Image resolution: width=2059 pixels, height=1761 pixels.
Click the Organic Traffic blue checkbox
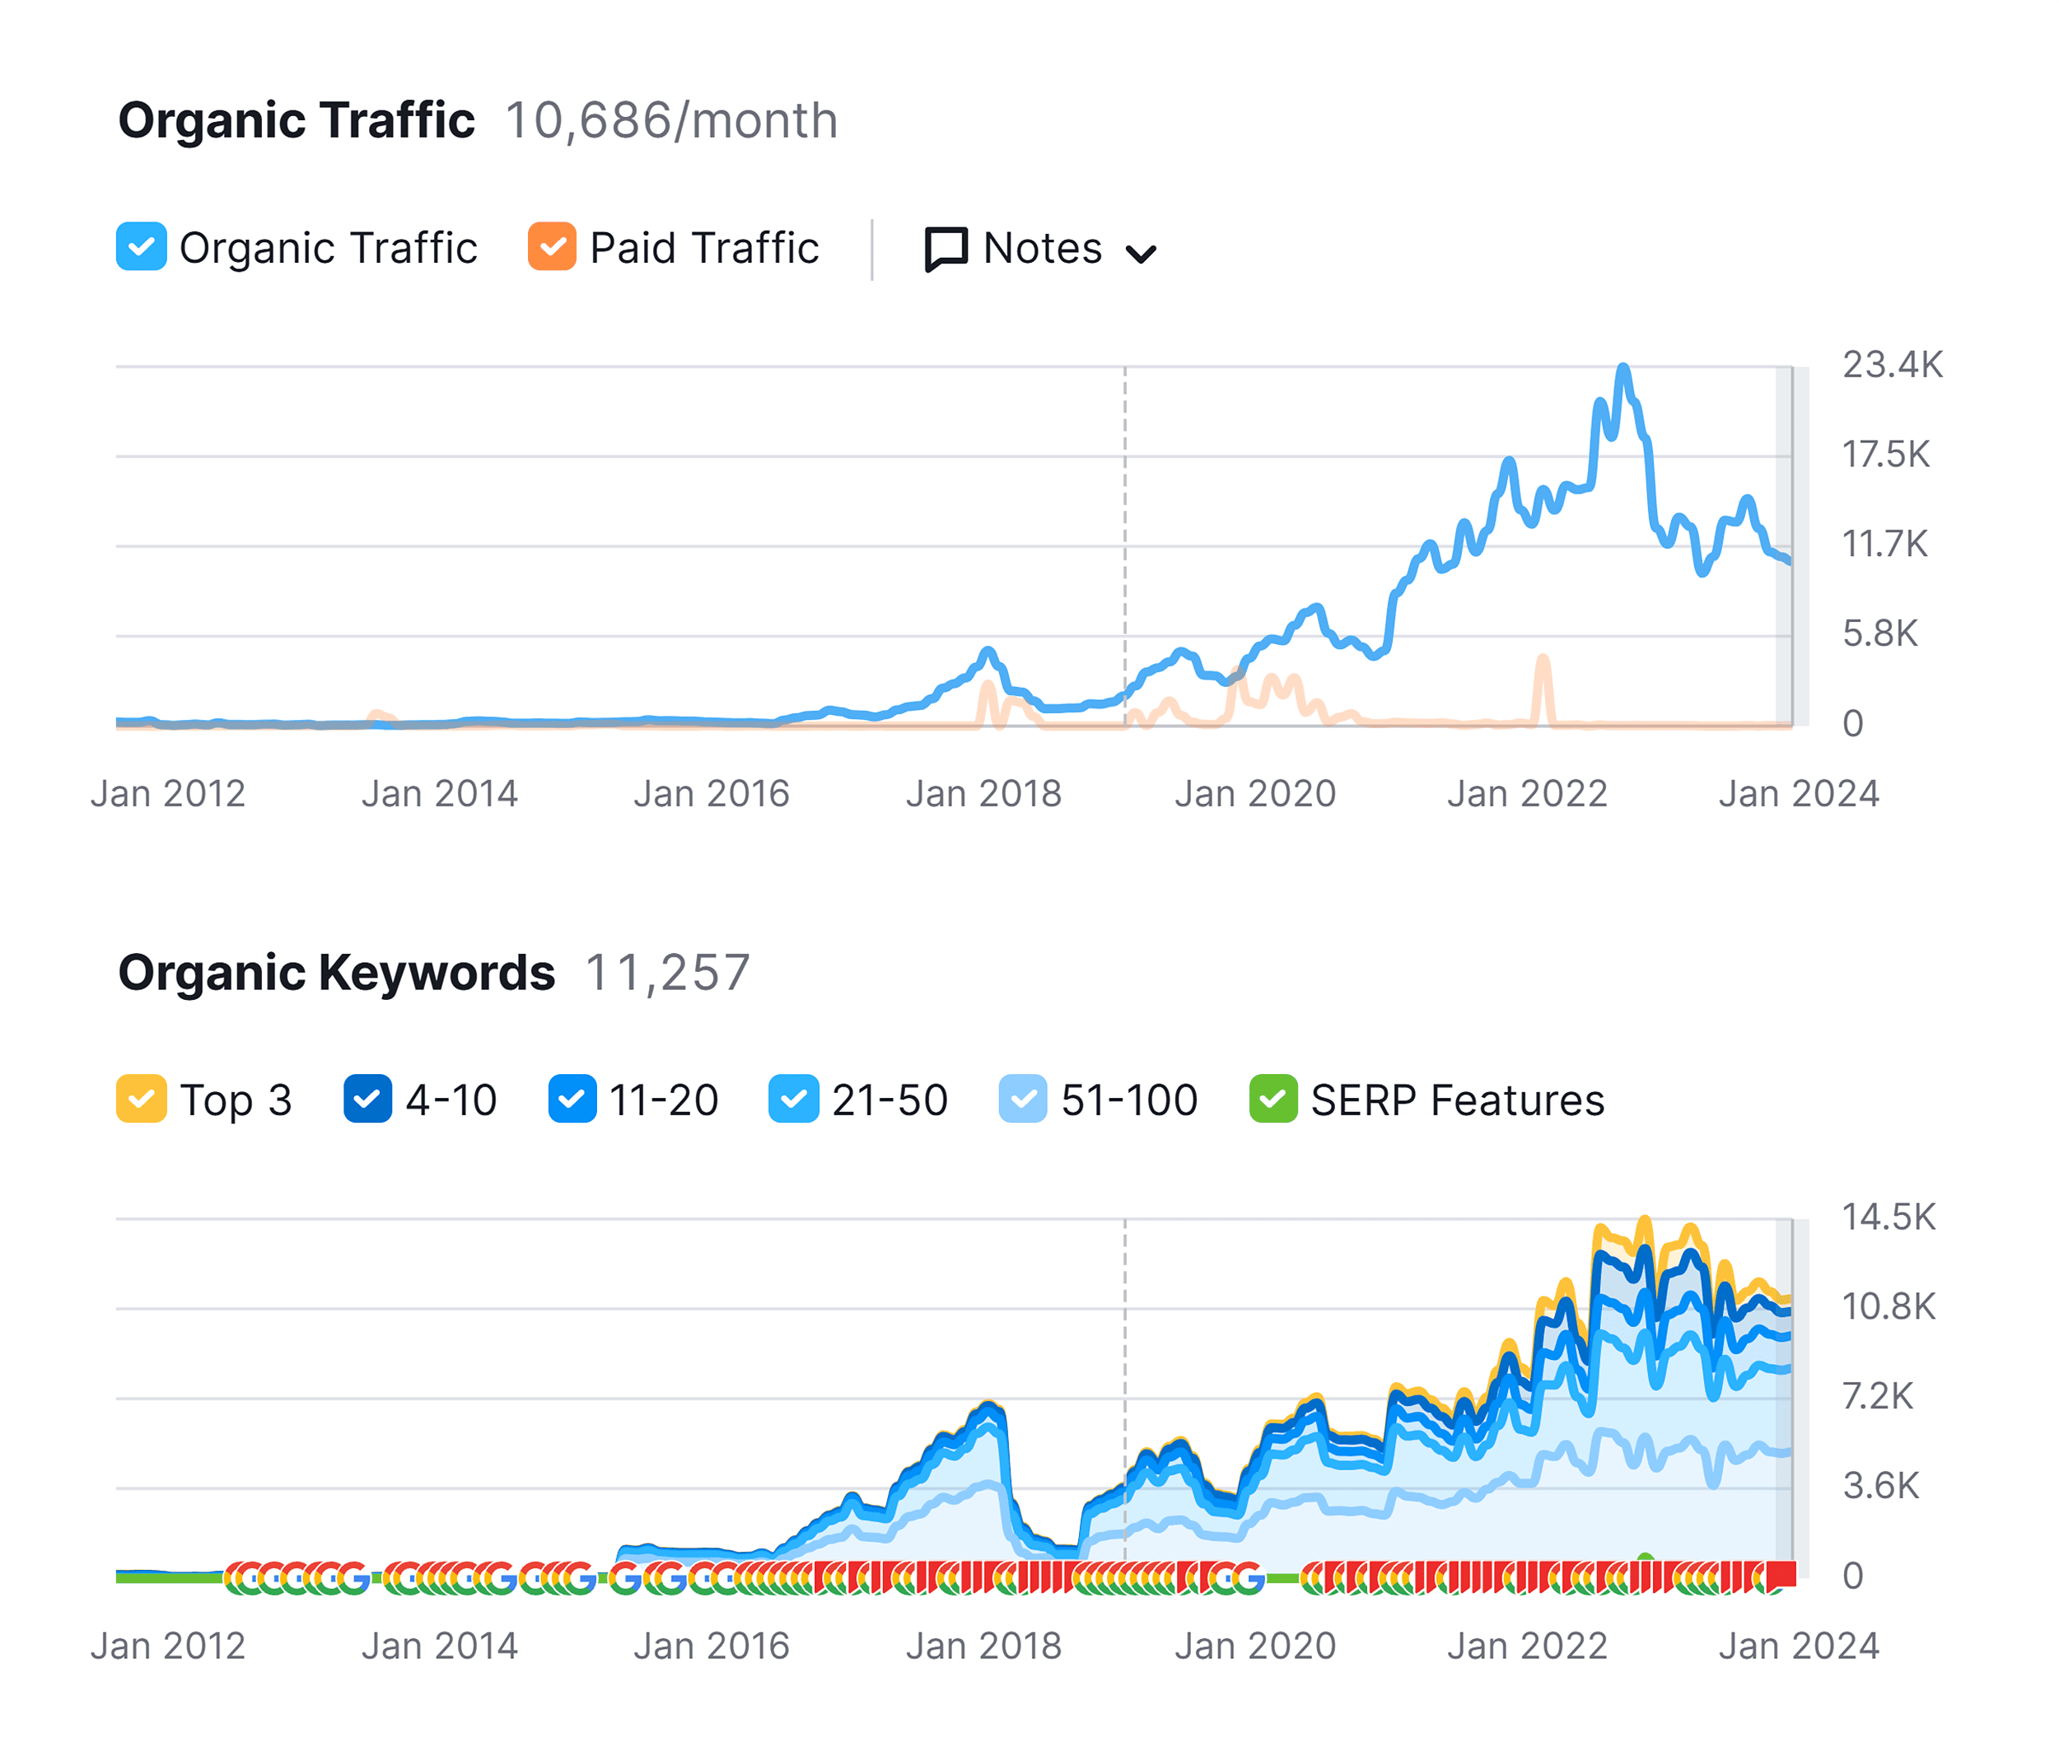point(141,246)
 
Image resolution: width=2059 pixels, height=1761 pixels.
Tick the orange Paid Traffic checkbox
point(552,246)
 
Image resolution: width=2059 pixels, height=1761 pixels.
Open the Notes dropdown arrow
point(1141,255)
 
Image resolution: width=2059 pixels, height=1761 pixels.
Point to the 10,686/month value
point(670,120)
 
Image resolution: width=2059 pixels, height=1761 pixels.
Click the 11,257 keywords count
point(667,972)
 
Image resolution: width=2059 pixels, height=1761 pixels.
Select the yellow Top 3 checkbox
point(141,1099)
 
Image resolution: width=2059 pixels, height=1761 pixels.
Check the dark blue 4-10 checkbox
point(367,1099)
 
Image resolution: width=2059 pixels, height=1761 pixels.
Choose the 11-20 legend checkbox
point(572,1099)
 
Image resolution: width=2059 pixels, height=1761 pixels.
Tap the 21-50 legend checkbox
point(793,1099)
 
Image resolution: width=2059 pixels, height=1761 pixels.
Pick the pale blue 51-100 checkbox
point(1023,1099)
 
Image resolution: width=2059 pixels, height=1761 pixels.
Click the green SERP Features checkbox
point(1273,1099)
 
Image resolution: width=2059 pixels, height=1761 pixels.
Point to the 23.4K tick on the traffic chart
point(1892,365)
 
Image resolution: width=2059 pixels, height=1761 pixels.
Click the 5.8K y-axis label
point(1879,633)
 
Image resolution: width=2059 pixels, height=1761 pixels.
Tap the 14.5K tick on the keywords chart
point(1888,1217)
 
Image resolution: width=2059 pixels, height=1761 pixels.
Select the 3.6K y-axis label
point(1880,1486)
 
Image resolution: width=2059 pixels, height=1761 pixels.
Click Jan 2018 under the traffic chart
point(983,793)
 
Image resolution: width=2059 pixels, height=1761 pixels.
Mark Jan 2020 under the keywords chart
point(1255,1646)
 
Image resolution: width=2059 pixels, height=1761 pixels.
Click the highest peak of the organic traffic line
point(1622,369)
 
